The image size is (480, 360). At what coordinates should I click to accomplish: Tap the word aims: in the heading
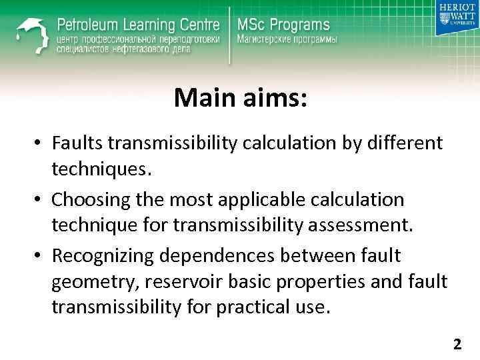[272, 99]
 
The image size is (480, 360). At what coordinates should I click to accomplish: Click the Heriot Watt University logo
[457, 18]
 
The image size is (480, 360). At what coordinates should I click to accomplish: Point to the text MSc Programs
[283, 25]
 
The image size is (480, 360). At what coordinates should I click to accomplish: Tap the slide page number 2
[457, 345]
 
